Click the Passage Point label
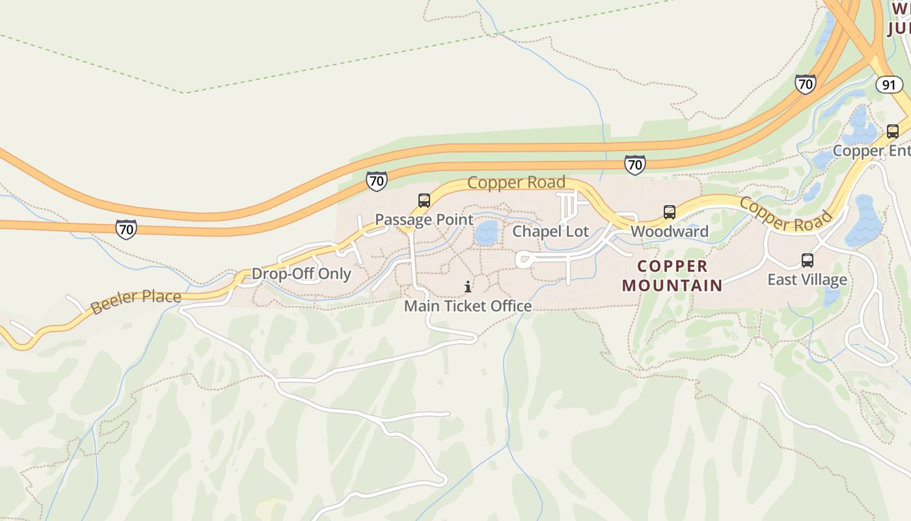(x=424, y=219)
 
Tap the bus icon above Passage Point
(x=424, y=201)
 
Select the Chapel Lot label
(x=551, y=231)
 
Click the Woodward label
(x=670, y=231)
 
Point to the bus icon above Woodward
(x=670, y=212)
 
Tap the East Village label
(x=807, y=279)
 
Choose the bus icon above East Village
(x=808, y=260)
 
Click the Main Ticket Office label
(x=468, y=305)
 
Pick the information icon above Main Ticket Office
(x=468, y=287)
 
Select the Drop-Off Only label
(x=301, y=274)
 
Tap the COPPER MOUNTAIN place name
(x=673, y=275)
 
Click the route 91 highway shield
(x=889, y=85)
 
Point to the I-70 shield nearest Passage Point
(x=376, y=180)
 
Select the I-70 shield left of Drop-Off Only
(x=126, y=229)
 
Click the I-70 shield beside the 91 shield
(x=806, y=84)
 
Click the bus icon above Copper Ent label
(x=893, y=132)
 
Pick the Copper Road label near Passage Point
(x=516, y=182)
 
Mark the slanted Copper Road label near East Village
(x=786, y=214)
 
